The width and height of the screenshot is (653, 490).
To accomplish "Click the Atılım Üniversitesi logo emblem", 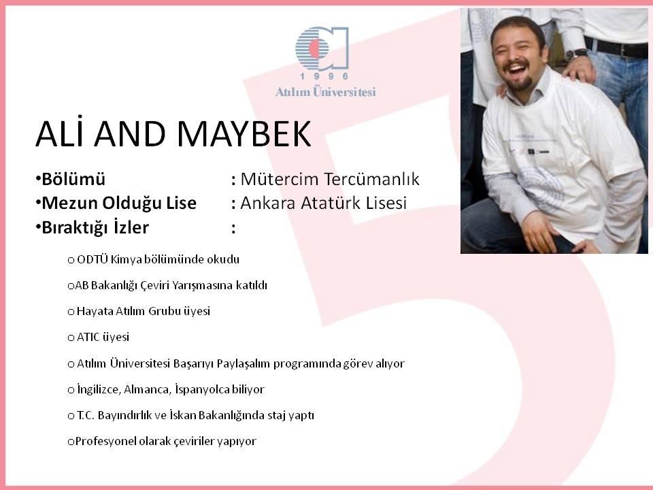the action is [322, 48].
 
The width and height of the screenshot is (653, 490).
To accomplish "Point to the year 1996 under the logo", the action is [324, 76].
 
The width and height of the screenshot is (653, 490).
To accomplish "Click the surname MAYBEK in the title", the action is [244, 134].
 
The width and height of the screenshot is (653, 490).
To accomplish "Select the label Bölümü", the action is [73, 179].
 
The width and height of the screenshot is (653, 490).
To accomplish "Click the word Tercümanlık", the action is [371, 179].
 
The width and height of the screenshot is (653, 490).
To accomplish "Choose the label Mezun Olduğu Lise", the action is [119, 203].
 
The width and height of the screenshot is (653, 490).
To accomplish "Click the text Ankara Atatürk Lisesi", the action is [324, 203].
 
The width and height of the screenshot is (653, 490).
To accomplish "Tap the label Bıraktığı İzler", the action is [95, 227].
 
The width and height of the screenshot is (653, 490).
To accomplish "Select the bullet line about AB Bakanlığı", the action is [167, 285].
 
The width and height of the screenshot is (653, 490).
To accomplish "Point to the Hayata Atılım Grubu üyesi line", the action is [139, 311].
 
